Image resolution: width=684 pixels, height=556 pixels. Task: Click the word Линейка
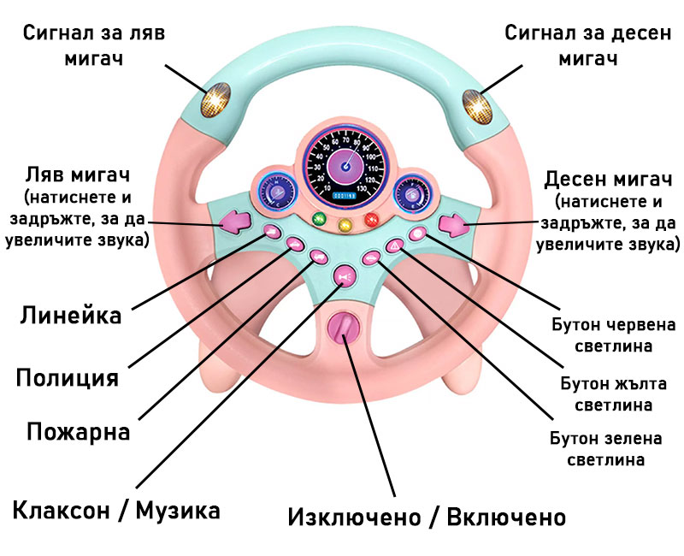click(70, 314)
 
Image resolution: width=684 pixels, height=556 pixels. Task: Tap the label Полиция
click(68, 376)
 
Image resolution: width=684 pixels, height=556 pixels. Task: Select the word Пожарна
click(78, 431)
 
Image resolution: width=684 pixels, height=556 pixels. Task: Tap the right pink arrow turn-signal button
click(452, 226)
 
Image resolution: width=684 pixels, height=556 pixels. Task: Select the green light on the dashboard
click(320, 220)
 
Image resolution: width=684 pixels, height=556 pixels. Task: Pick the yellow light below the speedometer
click(345, 226)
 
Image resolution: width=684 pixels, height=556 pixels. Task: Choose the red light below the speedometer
click(370, 220)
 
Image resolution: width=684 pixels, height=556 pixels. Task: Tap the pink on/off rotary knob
click(344, 328)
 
